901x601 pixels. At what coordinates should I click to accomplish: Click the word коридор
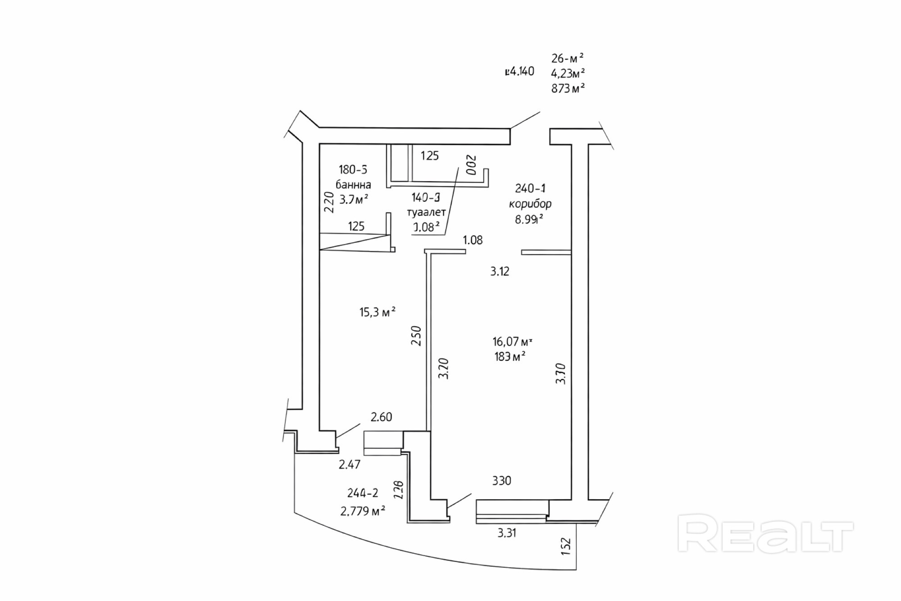530,204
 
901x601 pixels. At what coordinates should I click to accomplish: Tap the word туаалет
426,212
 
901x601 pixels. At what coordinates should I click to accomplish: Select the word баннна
353,185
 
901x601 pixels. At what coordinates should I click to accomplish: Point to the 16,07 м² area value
512,342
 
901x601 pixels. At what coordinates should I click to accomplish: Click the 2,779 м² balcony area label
363,511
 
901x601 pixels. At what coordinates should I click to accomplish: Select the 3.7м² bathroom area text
354,199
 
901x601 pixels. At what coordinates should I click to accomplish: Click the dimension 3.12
500,271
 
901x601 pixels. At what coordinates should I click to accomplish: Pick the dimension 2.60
381,417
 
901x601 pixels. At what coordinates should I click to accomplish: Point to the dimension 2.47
349,464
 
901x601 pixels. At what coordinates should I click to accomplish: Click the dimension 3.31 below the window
507,533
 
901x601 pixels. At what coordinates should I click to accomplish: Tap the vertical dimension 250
416,336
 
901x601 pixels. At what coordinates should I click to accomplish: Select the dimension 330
501,481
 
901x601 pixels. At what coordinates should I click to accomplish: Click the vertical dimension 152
566,546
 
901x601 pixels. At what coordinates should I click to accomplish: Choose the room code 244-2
363,493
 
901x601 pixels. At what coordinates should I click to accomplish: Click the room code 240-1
530,188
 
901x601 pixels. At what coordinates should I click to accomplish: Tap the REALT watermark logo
765,534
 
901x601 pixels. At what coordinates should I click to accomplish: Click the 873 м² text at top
568,88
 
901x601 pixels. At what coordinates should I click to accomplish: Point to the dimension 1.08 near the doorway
473,240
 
